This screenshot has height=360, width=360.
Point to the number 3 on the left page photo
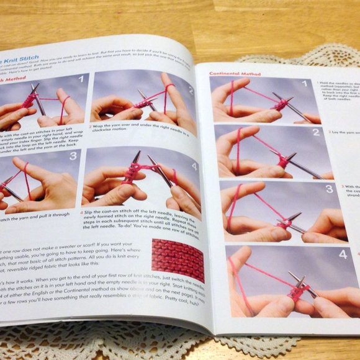pyautogui.click(x=72, y=155)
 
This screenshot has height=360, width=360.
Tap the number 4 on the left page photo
pyautogui.click(x=194, y=166)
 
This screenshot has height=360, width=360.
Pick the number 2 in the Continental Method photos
pyautogui.click(x=316, y=132)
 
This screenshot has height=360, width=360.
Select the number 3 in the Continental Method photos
pyautogui.click(x=326, y=191)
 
